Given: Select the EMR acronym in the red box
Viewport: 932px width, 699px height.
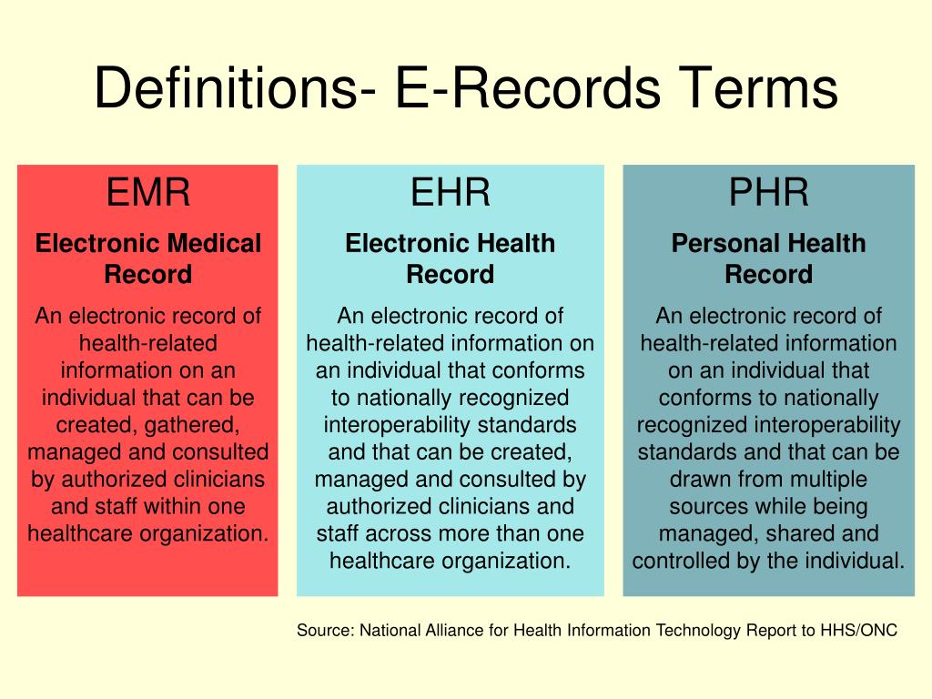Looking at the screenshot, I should tap(148, 193).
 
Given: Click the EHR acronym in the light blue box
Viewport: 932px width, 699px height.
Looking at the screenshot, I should tap(451, 193).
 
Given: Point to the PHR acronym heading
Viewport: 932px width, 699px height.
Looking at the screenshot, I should tap(768, 193).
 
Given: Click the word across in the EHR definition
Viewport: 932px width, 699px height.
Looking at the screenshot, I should tap(389, 533).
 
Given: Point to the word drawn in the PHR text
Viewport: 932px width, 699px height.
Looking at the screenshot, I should tap(698, 479).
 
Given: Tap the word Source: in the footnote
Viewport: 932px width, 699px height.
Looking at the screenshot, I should tap(324, 631).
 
